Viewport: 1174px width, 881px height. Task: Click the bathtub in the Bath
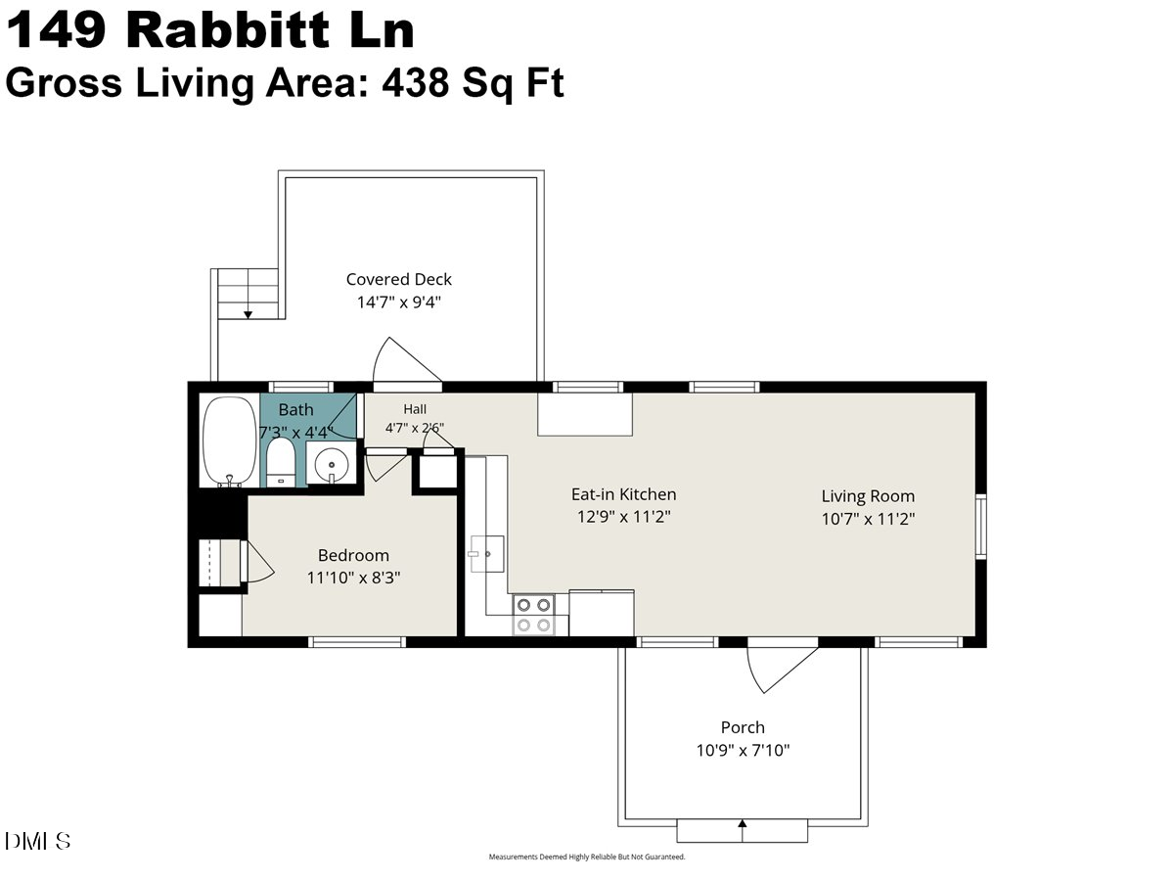pos(230,441)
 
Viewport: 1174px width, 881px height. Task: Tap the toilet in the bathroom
pos(281,463)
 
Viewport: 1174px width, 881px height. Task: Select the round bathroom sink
pos(332,464)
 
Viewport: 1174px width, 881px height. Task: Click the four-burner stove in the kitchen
pos(533,615)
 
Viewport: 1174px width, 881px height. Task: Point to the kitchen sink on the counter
pos(486,554)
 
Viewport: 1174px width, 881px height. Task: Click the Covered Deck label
pos(398,279)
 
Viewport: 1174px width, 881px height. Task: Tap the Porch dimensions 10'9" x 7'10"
pos(743,750)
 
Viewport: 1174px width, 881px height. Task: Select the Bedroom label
pos(353,555)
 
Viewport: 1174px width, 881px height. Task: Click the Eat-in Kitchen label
pos(623,494)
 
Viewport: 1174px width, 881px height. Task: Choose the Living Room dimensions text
pos(868,519)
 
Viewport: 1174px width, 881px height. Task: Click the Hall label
pos(415,409)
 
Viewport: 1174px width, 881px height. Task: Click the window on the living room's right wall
pos(980,527)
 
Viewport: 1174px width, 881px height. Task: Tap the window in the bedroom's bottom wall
pos(357,642)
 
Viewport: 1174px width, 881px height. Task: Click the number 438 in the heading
pos(415,82)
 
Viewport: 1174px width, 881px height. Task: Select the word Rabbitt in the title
pos(227,30)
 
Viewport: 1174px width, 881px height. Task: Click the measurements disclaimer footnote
pos(587,857)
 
